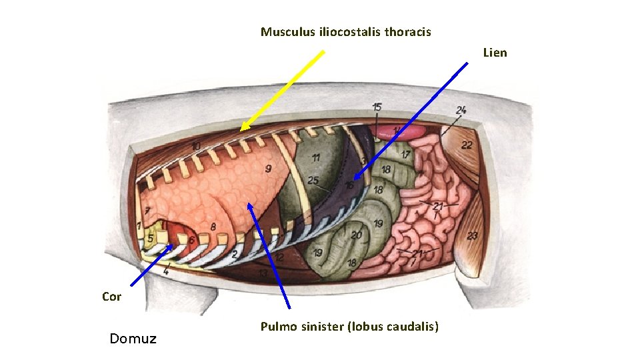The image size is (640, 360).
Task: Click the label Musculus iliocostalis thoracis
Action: (x=345, y=32)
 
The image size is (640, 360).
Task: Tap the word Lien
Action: (x=495, y=53)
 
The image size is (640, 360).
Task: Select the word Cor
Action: (x=111, y=297)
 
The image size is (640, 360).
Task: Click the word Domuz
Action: (x=133, y=339)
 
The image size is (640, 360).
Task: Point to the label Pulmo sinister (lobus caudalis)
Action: (x=349, y=327)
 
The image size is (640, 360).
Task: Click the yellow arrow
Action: (x=282, y=91)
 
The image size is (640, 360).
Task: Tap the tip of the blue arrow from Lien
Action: (x=355, y=179)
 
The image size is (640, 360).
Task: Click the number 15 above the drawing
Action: (x=377, y=107)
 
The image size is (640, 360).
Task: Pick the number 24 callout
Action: (x=461, y=110)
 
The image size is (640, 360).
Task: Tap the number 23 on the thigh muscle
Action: (x=472, y=235)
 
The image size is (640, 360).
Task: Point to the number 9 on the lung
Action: (x=267, y=169)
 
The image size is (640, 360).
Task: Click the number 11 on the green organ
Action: (x=315, y=158)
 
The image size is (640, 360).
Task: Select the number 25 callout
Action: (x=313, y=181)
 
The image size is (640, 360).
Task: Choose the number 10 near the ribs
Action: (x=196, y=146)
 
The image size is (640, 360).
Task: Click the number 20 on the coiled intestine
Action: (x=357, y=235)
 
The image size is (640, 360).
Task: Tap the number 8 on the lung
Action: (x=213, y=227)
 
